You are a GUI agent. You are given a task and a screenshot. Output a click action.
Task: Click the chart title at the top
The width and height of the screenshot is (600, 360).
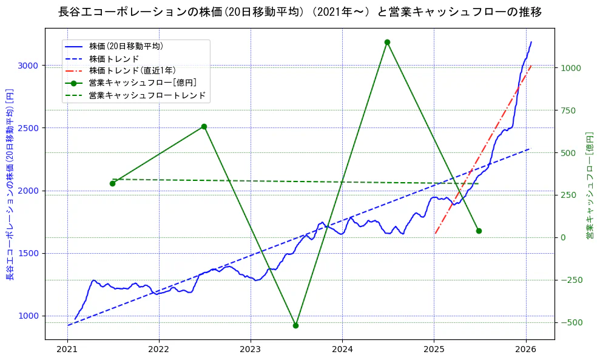[300, 12]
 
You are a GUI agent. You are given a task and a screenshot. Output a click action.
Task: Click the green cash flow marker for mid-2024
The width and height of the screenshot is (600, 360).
[387, 42]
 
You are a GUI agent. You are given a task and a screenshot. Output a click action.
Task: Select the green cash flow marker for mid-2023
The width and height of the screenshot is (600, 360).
[295, 325]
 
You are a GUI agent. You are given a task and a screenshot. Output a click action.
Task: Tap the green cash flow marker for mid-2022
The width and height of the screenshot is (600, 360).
[204, 126]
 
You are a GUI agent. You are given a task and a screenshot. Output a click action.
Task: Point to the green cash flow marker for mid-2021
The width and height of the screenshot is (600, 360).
[112, 183]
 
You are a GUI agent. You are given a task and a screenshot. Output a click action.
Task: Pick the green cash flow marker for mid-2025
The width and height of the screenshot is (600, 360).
[479, 231]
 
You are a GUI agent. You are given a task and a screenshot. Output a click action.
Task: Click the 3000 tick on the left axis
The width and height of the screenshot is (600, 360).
[30, 66]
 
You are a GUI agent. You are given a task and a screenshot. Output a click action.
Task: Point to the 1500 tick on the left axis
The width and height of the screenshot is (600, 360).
[30, 253]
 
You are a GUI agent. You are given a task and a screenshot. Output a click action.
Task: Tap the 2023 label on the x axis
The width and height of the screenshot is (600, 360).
[251, 350]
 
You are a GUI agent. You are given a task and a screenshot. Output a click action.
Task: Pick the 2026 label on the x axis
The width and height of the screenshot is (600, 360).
[525, 350]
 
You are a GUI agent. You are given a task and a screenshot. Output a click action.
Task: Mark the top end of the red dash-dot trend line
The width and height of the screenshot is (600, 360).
[531, 66]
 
